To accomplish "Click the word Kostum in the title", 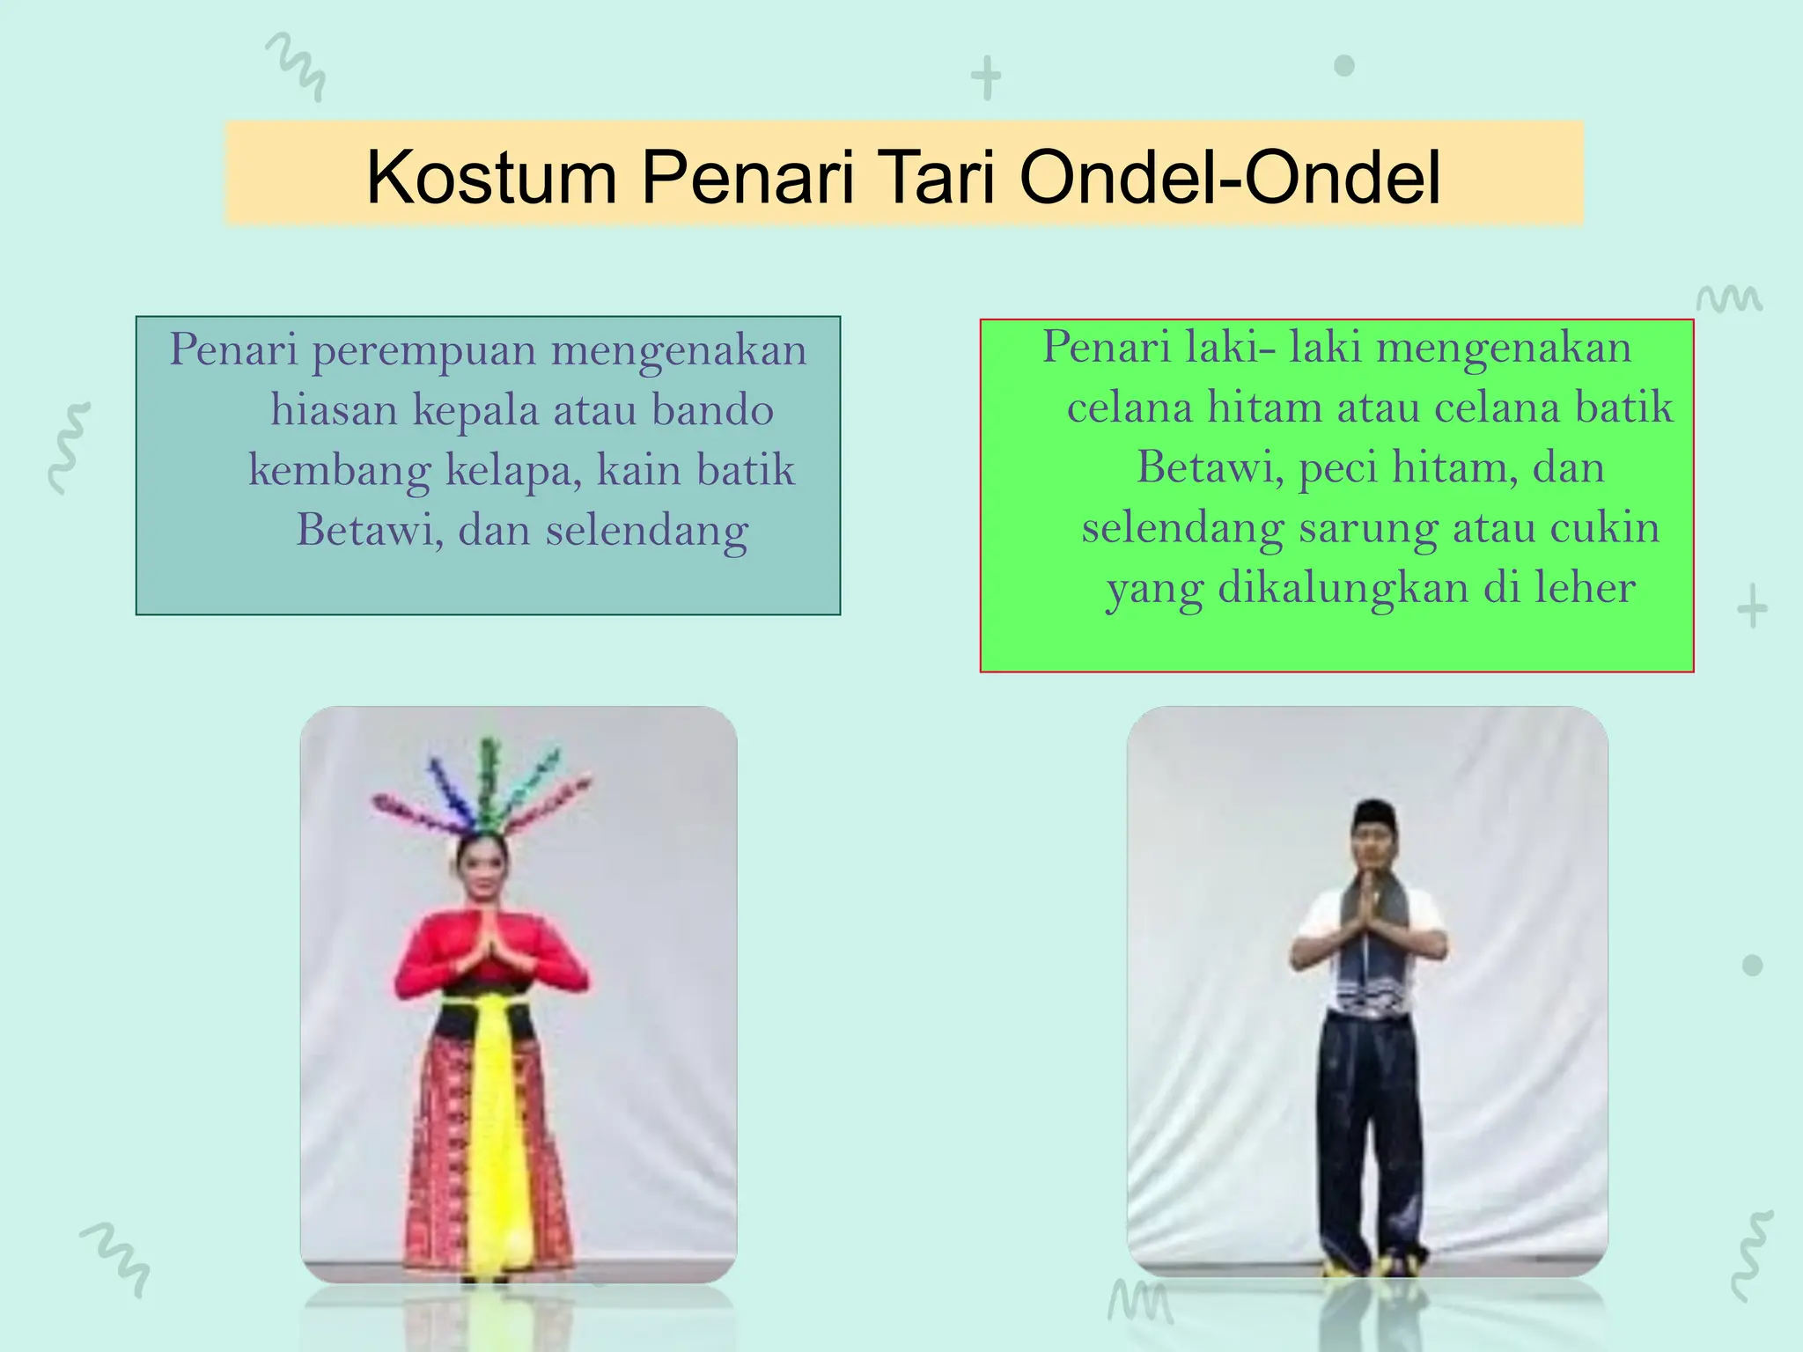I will click(491, 178).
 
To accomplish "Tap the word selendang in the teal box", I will click(647, 530).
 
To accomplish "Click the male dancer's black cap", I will click(1374, 811).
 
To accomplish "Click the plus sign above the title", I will click(986, 77).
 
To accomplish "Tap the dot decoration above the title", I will click(1344, 66).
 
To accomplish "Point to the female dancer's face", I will click(480, 867).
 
